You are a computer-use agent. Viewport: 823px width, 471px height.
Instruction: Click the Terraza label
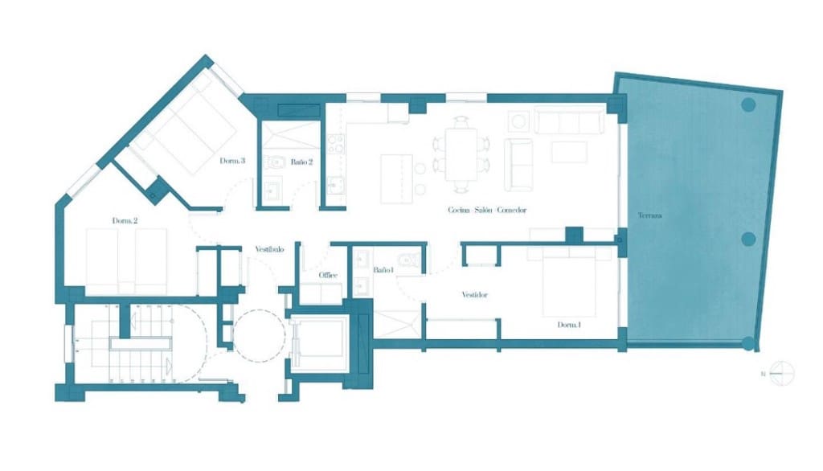coord(650,215)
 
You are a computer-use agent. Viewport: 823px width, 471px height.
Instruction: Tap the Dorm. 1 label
coord(569,325)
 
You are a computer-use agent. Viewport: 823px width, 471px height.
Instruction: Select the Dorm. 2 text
coord(125,220)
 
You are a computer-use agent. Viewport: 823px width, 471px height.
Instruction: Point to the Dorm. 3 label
coord(232,161)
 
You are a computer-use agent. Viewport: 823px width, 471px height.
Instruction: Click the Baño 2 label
coord(301,162)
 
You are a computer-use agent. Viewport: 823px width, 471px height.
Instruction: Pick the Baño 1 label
coord(382,269)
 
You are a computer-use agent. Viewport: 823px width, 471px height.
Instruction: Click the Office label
coord(327,275)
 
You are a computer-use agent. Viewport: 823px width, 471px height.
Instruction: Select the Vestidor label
coord(474,294)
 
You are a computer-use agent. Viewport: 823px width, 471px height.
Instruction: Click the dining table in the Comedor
coord(461,154)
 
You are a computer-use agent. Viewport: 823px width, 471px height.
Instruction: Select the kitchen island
coord(396,178)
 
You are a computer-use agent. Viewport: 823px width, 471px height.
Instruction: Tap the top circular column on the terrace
coord(749,104)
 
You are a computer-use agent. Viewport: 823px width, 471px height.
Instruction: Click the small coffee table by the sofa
coord(569,152)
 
